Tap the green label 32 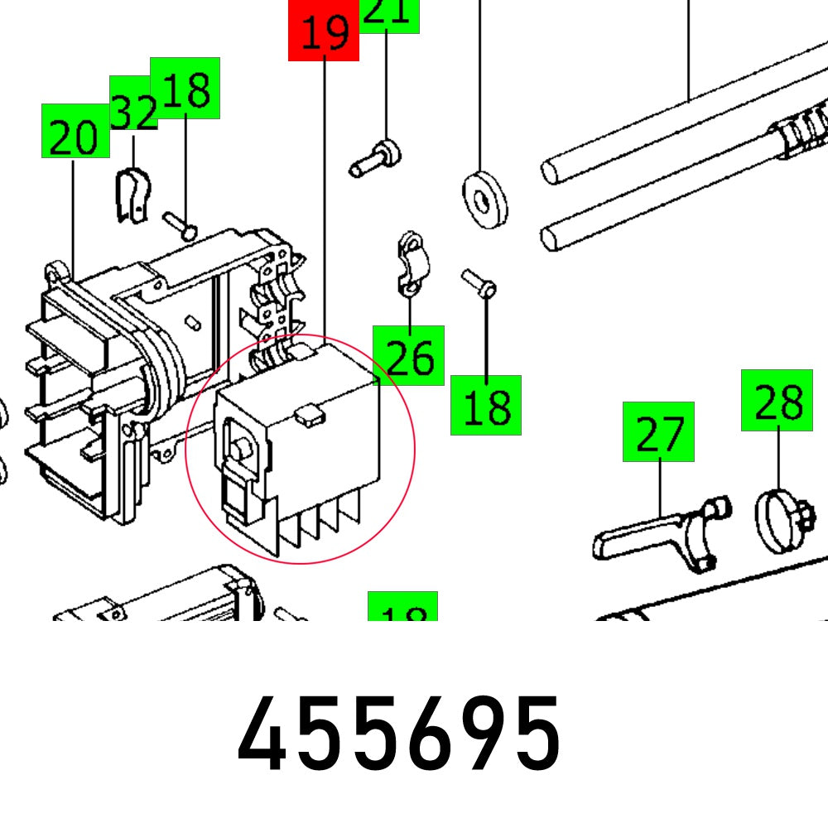click(133, 103)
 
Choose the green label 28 click(777, 401)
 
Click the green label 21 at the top click(388, 14)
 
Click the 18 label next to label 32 click(185, 87)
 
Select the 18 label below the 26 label click(485, 405)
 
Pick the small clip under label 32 click(130, 195)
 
